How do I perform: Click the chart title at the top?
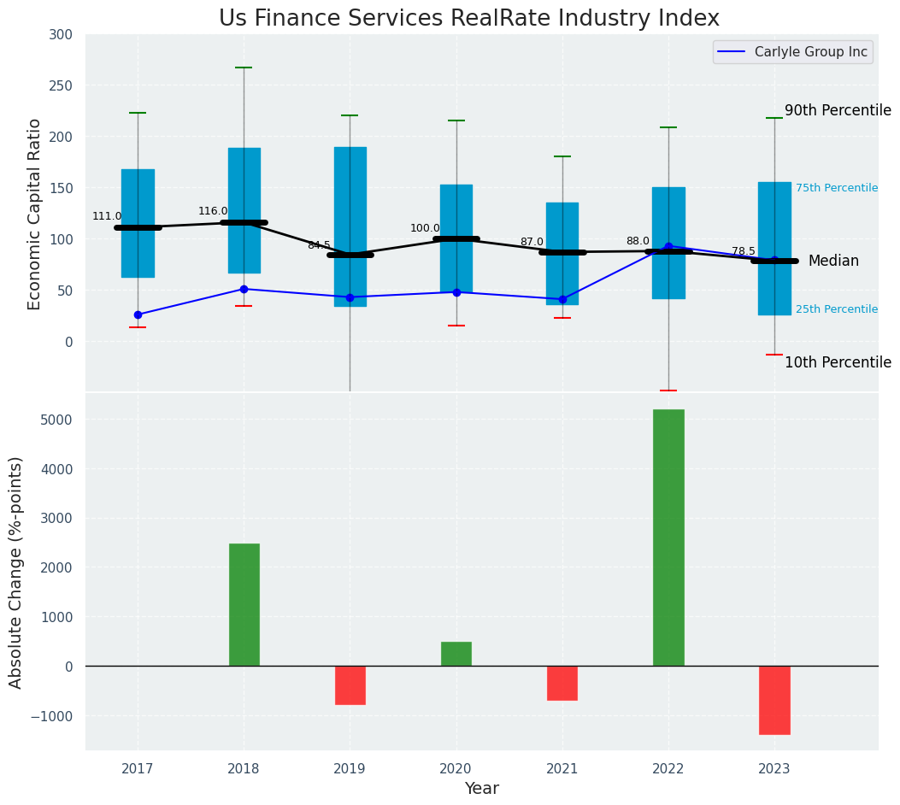point(468,18)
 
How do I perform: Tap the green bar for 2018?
point(244,604)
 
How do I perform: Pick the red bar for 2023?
point(774,700)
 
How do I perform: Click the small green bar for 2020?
point(456,654)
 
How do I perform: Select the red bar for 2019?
point(350,685)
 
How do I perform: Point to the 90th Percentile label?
point(838,110)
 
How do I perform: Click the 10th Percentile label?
point(838,362)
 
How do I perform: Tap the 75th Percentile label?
point(836,188)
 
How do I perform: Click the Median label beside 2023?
point(833,261)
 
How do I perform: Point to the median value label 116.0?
point(213,211)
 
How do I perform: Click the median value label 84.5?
point(319,245)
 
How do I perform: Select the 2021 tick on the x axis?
point(562,769)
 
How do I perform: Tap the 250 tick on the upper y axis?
point(61,85)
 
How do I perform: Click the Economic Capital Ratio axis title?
point(35,214)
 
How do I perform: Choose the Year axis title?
point(481,789)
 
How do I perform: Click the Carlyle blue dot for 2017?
point(138,314)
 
